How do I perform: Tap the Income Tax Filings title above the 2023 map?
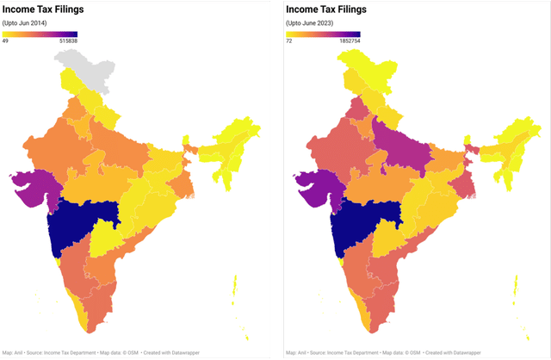324,9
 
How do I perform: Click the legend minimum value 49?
5,41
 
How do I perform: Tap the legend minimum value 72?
289,41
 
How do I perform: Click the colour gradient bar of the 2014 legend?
40,34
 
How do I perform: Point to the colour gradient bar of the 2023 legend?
323,34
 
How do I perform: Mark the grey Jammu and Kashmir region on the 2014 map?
82,65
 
